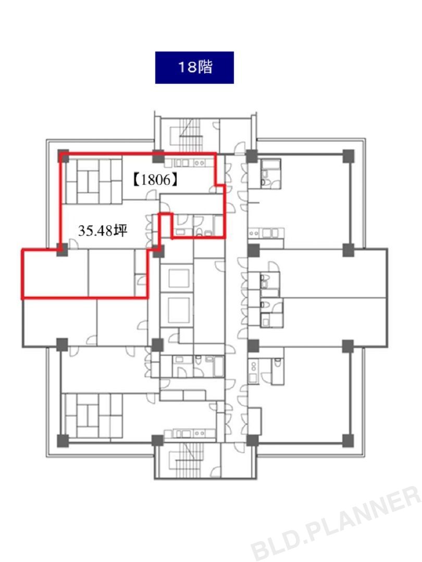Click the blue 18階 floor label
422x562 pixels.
(194, 67)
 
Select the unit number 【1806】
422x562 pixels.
(155, 179)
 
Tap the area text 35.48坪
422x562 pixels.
(103, 230)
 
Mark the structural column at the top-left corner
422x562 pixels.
(63, 156)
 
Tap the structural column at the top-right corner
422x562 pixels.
(348, 156)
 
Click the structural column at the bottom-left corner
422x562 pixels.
(63, 440)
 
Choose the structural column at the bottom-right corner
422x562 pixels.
(347, 440)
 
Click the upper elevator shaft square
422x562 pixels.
(179, 278)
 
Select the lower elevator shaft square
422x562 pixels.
(179, 309)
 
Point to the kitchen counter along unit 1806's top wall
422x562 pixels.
(190, 163)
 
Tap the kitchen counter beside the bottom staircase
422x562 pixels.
(190, 433)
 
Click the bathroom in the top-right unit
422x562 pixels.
(270, 173)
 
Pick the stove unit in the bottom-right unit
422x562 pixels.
(254, 371)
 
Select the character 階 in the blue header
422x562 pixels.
(205, 67)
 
